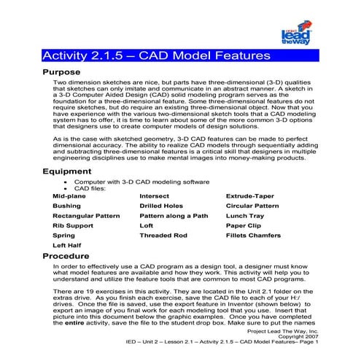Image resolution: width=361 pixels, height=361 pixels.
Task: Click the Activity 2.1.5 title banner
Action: [156, 55]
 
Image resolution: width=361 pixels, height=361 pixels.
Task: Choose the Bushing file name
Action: [67, 206]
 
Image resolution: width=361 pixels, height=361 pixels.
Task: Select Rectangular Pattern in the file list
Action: [86, 216]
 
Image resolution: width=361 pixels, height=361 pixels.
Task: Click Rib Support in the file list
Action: [74, 226]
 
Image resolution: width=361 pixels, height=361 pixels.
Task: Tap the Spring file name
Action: [64, 236]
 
